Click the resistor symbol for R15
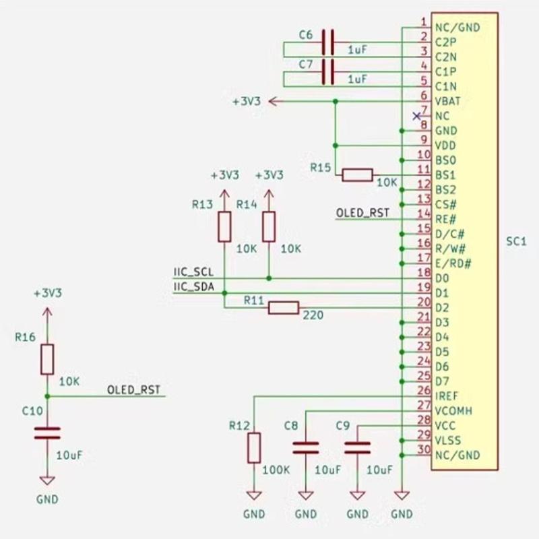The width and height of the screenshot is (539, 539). (357, 175)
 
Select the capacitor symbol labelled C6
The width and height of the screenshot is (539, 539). (328, 42)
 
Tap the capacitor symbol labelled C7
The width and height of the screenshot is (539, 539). (328, 71)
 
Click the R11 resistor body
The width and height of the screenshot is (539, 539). (284, 308)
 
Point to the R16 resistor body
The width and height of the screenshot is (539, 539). (46, 359)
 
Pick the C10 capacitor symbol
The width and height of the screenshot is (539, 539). (46, 433)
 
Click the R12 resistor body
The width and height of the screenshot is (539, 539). (254, 448)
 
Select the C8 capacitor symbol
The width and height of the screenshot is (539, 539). (306, 447)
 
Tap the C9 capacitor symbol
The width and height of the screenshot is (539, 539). (357, 447)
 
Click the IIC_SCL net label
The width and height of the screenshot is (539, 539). (193, 272)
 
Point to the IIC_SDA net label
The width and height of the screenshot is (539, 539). (193, 287)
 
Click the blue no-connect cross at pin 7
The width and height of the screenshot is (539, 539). (416, 116)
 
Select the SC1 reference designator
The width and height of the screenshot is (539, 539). (517, 241)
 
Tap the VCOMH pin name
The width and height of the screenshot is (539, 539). (453, 410)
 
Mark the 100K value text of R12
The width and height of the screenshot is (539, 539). (277, 470)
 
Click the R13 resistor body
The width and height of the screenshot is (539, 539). (224, 226)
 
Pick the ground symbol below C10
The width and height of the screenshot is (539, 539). (46, 481)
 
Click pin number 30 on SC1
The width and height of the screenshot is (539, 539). (424, 450)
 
